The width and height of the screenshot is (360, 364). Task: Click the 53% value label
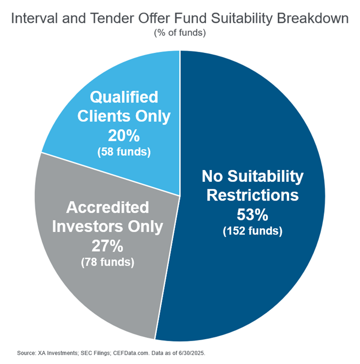pos(253,214)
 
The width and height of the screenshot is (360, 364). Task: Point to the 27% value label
pos(107,246)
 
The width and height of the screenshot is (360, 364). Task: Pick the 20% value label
pos(124,136)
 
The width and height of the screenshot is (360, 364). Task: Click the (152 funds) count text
pos(253,231)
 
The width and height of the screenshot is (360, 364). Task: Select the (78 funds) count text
pos(107,262)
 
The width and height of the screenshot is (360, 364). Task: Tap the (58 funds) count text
pos(124,152)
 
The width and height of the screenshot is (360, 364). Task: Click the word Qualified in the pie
pos(124,97)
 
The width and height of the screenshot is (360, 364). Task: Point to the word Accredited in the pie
pos(107,207)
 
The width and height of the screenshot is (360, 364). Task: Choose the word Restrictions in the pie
pos(253,195)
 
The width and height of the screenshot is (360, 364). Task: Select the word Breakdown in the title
pos(313,18)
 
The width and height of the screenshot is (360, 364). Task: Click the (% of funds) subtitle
pos(180,32)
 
